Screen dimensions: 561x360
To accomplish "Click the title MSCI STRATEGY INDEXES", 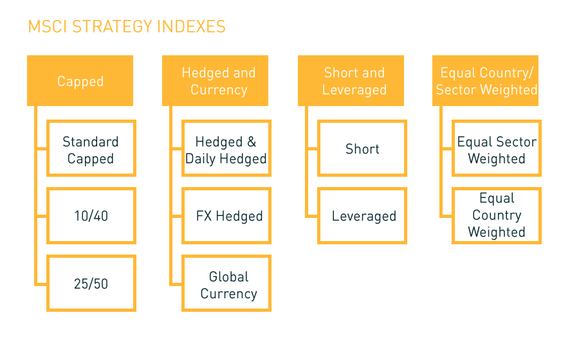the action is pos(127,26).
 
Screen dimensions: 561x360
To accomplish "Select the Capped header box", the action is pos(80,80).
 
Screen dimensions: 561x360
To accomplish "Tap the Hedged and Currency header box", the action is pos(215,80).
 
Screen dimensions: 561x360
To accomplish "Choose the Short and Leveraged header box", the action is pos(351,80).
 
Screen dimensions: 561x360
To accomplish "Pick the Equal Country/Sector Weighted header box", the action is pos(486,80).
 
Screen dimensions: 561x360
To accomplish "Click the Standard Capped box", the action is pos(91,148).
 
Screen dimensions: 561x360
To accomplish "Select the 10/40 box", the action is pos(91,216).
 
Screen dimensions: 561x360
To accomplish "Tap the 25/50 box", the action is pos(91,283).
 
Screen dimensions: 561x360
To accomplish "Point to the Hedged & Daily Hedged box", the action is pos(226,148).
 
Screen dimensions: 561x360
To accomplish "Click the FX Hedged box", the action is pos(226,216).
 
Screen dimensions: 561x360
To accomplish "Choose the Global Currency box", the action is pos(226,283).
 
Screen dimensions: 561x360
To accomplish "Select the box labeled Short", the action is pos(362,148).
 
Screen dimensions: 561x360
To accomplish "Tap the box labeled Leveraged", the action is pos(362,216).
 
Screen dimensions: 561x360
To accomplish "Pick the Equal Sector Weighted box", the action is pos(497,148).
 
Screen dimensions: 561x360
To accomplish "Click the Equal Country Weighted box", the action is pos(497,216).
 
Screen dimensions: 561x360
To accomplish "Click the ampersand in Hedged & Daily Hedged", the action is pos(252,141).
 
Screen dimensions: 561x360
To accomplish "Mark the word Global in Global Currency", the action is pos(228,276).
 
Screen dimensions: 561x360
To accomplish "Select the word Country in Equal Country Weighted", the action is pos(497,215).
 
